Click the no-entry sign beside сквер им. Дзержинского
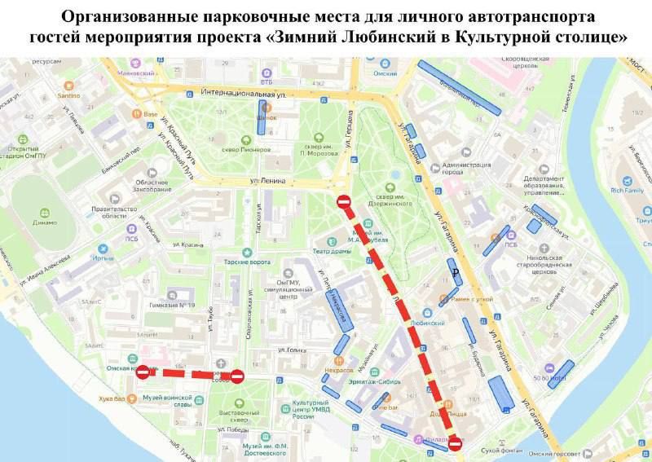pos(345,201)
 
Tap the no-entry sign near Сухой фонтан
pos(456,444)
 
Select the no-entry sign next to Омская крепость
pos(143,372)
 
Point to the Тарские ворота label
pos(248,262)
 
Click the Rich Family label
pos(627,190)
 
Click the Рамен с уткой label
pos(473,300)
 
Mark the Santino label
pos(68,95)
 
